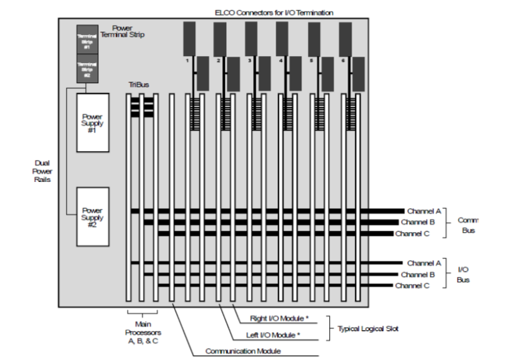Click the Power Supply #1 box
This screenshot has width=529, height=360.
coord(92,123)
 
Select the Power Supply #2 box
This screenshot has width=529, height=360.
coord(92,217)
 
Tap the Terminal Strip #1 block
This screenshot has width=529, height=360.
coord(87,39)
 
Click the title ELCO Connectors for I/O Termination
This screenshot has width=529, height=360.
coord(274,12)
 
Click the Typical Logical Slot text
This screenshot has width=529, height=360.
coord(368,328)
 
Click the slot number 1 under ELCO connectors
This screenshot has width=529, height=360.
coord(187,61)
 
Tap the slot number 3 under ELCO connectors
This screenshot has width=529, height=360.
coord(249,61)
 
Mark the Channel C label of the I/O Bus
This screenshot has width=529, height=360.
coord(413,285)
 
